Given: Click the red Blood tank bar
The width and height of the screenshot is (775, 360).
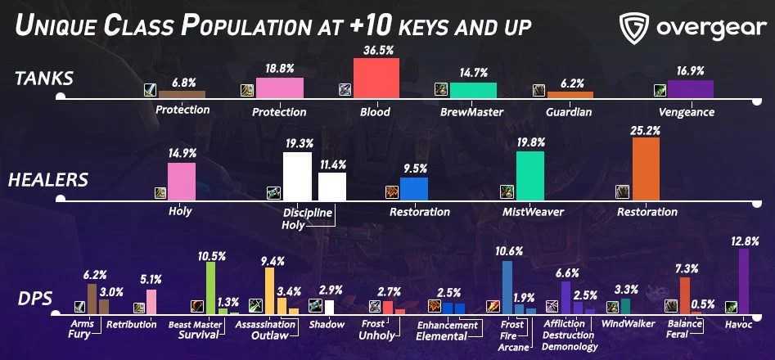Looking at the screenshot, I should pyautogui.click(x=376, y=78).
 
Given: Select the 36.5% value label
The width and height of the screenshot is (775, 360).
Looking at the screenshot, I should pyautogui.click(x=376, y=50).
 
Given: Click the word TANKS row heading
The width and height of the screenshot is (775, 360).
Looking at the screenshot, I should pyautogui.click(x=44, y=79).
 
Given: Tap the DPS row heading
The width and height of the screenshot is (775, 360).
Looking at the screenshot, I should pyautogui.click(x=34, y=299).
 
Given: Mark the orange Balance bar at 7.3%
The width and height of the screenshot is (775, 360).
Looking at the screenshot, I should pyautogui.click(x=685, y=295).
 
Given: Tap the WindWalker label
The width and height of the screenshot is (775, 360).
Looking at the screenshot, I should pyautogui.click(x=629, y=324).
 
